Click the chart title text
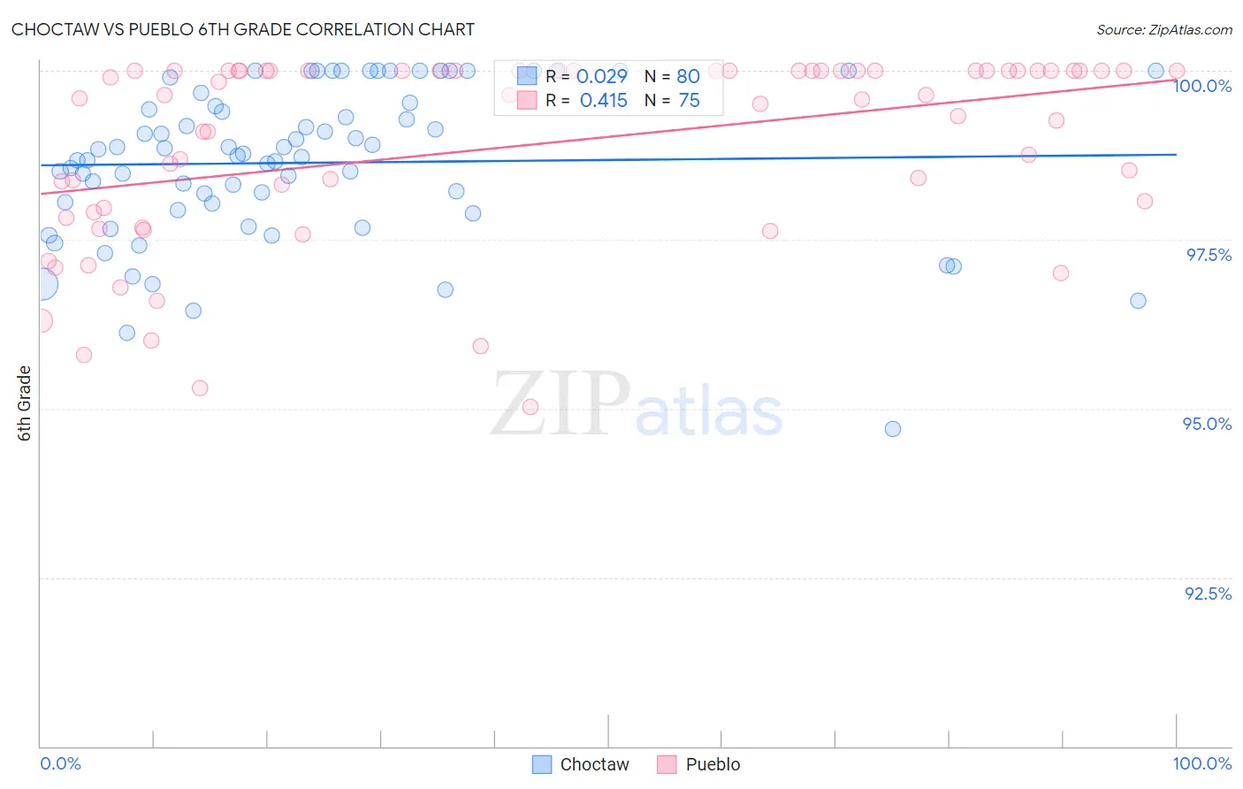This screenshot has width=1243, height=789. click(x=242, y=29)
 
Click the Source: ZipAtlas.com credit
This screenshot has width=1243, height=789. click(x=1163, y=30)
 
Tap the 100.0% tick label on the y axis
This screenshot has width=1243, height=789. click(x=1201, y=86)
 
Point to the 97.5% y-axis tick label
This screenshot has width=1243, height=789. click(x=1208, y=255)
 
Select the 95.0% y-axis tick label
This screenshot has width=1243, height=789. click(x=1207, y=424)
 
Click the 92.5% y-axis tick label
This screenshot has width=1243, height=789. click(x=1208, y=594)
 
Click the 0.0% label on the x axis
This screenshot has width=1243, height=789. click(x=60, y=763)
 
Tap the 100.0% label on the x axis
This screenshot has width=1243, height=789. click(x=1201, y=763)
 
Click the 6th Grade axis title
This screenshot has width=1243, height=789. click(x=25, y=403)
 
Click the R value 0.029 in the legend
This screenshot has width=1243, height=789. click(x=602, y=77)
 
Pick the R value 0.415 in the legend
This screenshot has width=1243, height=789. click(x=603, y=101)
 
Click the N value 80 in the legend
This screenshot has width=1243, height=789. click(x=688, y=77)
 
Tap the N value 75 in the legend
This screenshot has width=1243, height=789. click(x=689, y=101)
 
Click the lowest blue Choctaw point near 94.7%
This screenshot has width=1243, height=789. click(x=893, y=429)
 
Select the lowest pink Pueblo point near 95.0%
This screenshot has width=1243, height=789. click(x=530, y=407)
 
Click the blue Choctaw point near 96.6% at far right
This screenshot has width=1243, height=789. click(x=1138, y=301)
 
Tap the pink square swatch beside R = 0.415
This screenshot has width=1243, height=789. click(x=527, y=100)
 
